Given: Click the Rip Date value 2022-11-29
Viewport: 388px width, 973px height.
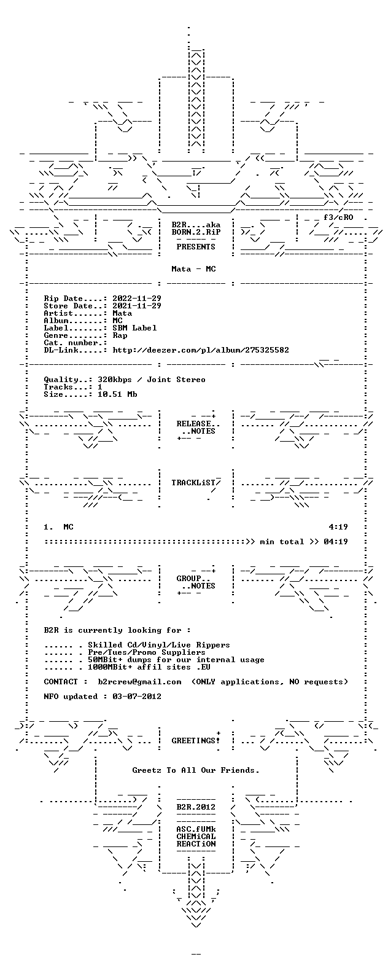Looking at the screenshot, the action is [x=137, y=299].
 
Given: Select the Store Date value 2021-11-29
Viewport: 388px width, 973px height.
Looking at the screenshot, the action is [x=137, y=306].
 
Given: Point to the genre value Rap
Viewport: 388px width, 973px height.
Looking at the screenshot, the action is [x=120, y=335].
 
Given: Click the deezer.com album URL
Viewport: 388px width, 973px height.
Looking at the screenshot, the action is [x=201, y=350].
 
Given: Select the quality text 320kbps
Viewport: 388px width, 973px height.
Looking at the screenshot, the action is [x=115, y=380].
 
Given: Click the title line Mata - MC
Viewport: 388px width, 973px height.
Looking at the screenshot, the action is [x=193, y=269].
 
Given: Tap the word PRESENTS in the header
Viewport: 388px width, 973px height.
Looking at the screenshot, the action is [x=196, y=247].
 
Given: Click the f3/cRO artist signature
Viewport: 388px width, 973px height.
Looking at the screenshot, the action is [x=338, y=217].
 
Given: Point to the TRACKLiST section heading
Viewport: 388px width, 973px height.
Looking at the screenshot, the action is [x=193, y=483].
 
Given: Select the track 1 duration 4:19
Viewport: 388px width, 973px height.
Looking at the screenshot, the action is [x=338, y=527].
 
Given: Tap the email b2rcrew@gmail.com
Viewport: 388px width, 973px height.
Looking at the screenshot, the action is [x=139, y=682].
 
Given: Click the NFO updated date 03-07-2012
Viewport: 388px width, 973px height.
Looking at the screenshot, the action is [x=137, y=697].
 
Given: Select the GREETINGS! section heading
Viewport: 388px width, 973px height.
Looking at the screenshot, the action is [x=195, y=741].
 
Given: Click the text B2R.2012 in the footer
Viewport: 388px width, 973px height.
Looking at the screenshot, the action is [x=196, y=807].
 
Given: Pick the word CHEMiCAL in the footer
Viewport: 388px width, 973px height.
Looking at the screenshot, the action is [x=196, y=837].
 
